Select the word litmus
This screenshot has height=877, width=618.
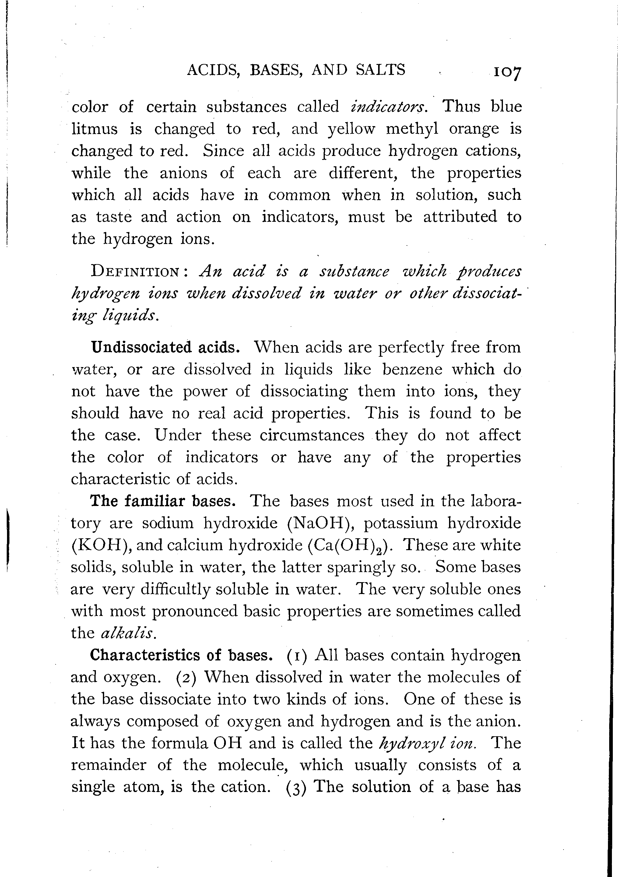(x=95, y=129)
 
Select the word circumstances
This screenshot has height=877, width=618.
(x=312, y=435)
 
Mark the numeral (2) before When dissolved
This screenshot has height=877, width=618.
(x=186, y=677)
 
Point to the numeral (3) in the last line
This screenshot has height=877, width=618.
(x=296, y=788)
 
